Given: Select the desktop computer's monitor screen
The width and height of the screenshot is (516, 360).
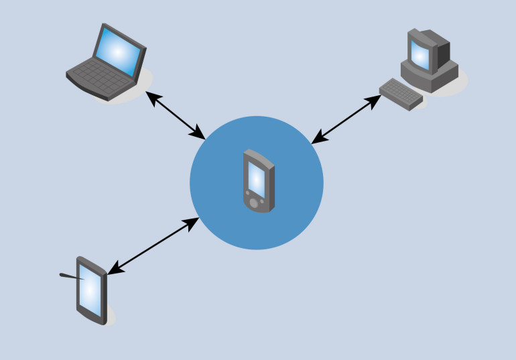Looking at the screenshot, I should click(x=420, y=54).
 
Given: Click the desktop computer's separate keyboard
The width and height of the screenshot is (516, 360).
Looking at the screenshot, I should click(x=401, y=93).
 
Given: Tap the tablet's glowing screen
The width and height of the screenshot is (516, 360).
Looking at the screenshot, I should click(x=91, y=295).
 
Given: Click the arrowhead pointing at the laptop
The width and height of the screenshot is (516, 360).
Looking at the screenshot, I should click(x=152, y=98).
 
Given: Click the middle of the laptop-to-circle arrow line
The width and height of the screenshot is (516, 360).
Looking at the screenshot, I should click(x=176, y=116).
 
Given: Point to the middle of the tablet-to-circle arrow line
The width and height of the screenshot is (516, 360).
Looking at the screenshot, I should click(x=153, y=246).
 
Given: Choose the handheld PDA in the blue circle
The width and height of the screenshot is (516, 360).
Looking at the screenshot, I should click(x=258, y=182).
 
